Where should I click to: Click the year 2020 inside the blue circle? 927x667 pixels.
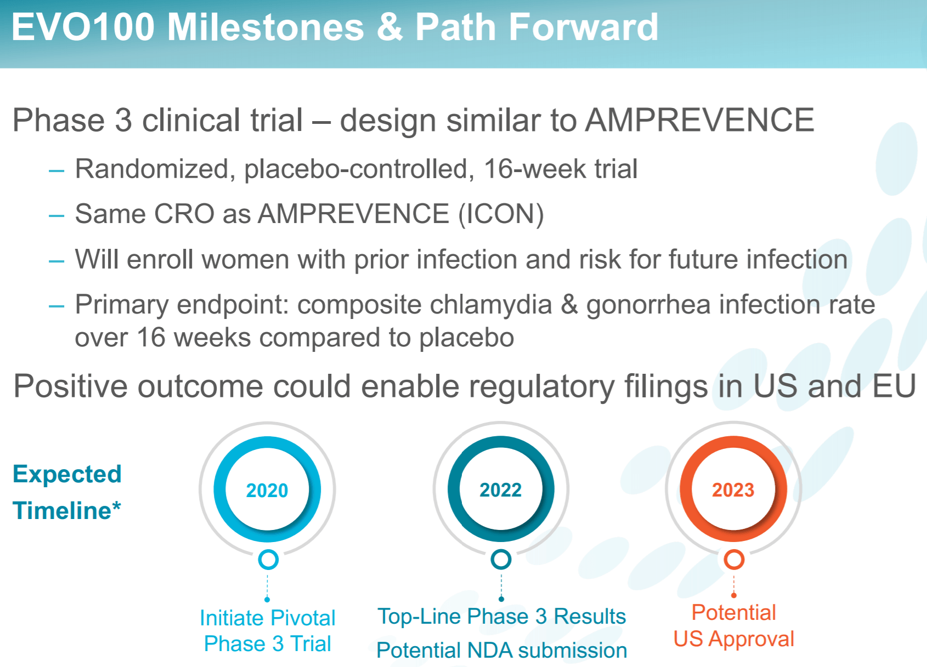(267, 491)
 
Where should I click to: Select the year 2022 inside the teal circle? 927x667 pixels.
(500, 490)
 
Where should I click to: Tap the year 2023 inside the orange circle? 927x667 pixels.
(733, 490)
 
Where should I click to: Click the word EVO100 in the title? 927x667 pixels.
(83, 27)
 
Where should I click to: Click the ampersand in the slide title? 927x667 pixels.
(389, 27)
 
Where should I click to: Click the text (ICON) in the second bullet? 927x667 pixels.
(501, 214)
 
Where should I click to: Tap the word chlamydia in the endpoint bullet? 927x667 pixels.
(490, 305)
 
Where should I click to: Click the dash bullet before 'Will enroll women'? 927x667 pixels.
(56, 261)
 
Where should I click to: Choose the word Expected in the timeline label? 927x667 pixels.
(67, 474)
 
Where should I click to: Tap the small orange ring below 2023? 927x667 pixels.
(734, 560)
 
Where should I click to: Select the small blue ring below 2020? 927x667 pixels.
(268, 560)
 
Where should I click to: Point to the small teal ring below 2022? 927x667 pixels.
(501, 560)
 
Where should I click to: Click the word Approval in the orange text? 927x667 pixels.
(751, 639)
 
